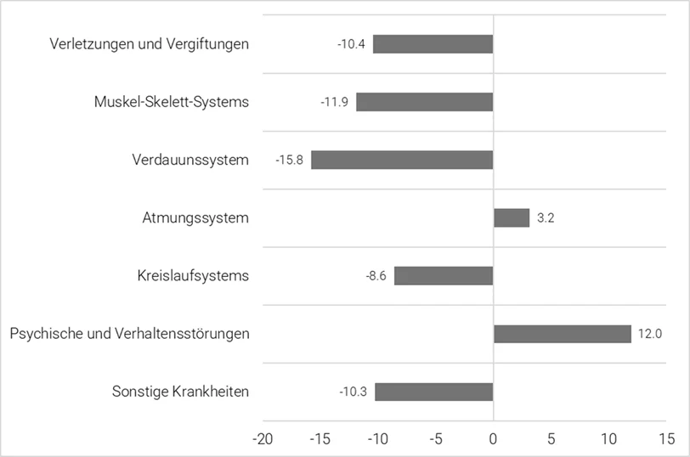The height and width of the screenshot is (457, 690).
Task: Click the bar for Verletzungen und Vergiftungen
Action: [433, 43]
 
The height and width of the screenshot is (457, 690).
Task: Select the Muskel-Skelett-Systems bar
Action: [424, 102]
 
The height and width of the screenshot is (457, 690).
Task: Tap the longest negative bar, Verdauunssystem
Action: [402, 160]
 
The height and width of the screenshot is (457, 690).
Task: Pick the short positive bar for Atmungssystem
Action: [512, 217]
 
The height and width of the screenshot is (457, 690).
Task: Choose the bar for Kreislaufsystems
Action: [444, 275]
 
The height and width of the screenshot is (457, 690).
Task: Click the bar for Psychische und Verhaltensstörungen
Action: [563, 334]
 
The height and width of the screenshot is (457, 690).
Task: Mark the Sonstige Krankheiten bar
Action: [433, 392]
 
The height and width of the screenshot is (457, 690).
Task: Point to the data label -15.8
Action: [290, 160]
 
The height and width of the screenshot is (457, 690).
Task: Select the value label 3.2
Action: [546, 218]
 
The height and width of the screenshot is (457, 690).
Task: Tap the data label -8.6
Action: [376, 276]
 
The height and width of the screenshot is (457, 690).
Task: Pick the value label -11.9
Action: [335, 102]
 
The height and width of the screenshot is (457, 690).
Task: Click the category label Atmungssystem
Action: [195, 218]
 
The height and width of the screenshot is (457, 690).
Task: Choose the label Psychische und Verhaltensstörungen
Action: [129, 334]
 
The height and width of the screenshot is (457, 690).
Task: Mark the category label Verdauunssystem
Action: [190, 160]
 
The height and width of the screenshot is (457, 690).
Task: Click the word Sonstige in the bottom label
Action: [139, 392]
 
